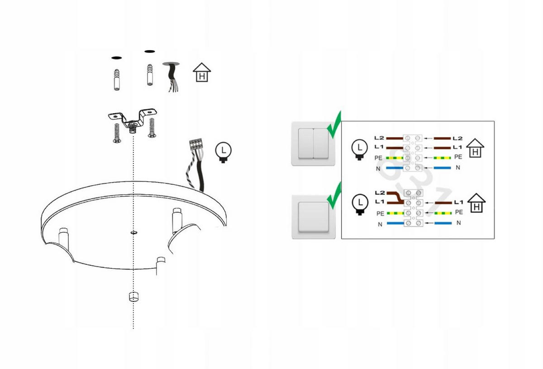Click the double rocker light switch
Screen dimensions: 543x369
pyautogui.click(x=313, y=144)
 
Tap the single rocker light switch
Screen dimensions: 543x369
pyautogui.click(x=314, y=216)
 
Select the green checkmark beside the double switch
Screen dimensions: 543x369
pyautogui.click(x=334, y=125)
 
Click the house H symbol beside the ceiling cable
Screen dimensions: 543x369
pyautogui.click(x=202, y=72)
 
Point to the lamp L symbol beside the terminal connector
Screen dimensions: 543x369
pyautogui.click(x=223, y=153)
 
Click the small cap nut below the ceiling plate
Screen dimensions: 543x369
pyautogui.click(x=133, y=297)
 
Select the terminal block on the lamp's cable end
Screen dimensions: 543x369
pyautogui.click(x=195, y=144)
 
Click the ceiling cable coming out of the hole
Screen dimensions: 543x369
pyautogui.click(x=172, y=77)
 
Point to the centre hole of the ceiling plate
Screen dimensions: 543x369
pyautogui.click(x=134, y=233)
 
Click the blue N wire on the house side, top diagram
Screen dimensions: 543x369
pyautogui.click(x=443, y=168)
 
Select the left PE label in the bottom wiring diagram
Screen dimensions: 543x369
pyautogui.click(x=381, y=214)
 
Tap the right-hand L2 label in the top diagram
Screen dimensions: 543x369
pyautogui.click(x=457, y=138)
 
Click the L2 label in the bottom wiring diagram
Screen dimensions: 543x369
pyautogui.click(x=380, y=193)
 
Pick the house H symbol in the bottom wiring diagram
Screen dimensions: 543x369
pyautogui.click(x=476, y=203)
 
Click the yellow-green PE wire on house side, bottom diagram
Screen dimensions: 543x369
pyautogui.click(x=443, y=213)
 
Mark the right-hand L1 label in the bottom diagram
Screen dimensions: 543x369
pyautogui.click(x=459, y=202)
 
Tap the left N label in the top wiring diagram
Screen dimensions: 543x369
pyautogui.click(x=378, y=168)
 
